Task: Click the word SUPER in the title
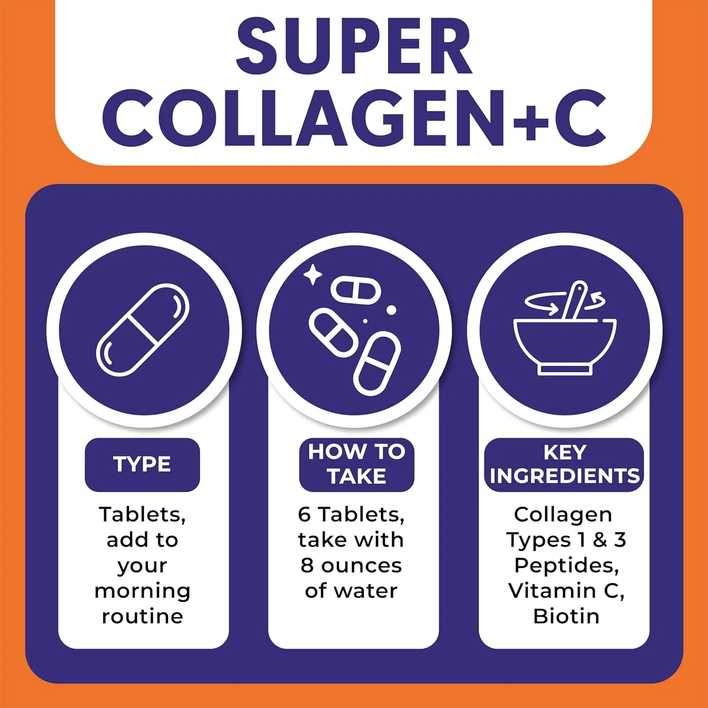[354, 46]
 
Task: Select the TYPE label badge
[143, 464]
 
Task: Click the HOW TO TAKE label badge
[356, 464]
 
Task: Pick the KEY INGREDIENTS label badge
[565, 464]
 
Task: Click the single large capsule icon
[143, 329]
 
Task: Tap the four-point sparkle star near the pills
[312, 275]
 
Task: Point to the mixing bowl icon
[565, 346]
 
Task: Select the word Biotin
[566, 616]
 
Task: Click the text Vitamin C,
[566, 591]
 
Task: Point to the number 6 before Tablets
[304, 514]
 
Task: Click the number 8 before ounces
[307, 565]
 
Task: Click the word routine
[143, 616]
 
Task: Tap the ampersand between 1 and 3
[599, 539]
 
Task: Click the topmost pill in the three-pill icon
[355, 289]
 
